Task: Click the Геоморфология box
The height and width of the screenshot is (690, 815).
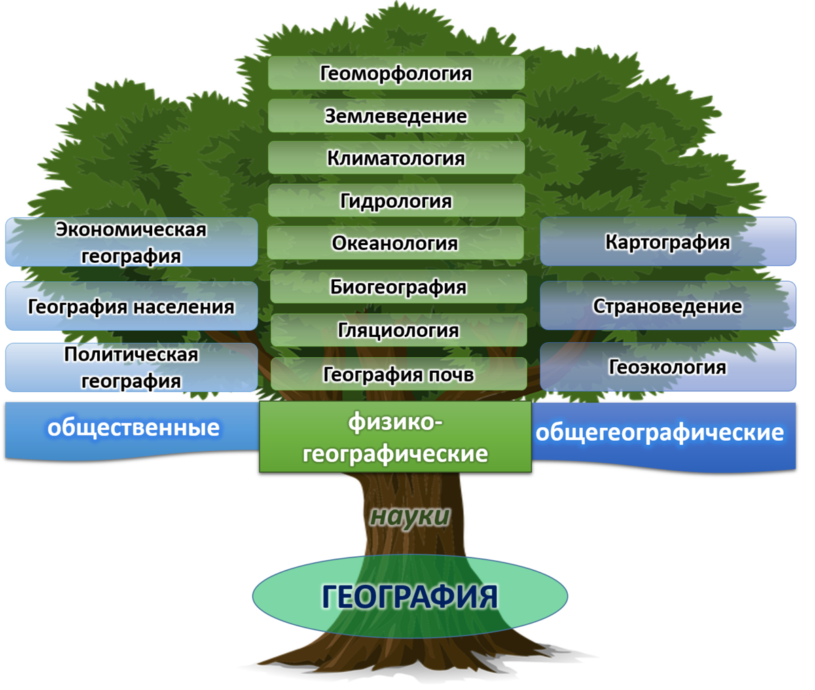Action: pos(396,73)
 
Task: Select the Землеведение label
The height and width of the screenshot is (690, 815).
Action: pos(396,116)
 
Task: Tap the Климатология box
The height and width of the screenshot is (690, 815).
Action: pos(396,158)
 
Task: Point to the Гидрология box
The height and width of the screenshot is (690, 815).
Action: pos(396,201)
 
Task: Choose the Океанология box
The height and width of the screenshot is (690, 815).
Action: pos(395,243)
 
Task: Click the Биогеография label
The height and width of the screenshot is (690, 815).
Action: pos(398,287)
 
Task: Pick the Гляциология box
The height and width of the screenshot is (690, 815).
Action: pos(399,330)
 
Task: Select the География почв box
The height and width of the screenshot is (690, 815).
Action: pos(399,374)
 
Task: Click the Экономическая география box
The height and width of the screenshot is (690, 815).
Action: pos(131,242)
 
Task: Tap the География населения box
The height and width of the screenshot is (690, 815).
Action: pos(131,306)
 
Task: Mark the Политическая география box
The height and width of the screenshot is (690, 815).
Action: pos(131,367)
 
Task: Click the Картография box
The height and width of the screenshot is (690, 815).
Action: pos(668,242)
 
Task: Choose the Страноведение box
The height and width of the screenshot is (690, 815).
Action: pos(668,306)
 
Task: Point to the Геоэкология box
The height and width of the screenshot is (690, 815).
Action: pos(668,367)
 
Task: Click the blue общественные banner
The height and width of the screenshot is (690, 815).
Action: pos(133,428)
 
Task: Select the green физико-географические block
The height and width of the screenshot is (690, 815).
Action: pos(395,437)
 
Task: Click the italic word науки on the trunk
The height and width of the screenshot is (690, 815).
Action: pos(410,516)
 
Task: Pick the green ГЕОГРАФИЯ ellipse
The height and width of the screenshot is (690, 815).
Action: pos(410,596)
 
